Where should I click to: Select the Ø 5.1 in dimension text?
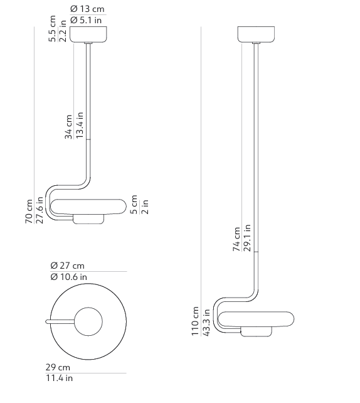(x=86, y=21)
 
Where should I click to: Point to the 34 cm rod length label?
(x=68, y=127)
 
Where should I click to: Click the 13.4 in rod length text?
(x=80, y=126)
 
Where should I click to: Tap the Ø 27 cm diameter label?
(x=68, y=266)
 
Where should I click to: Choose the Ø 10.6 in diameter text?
(x=69, y=277)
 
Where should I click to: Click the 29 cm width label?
(x=58, y=367)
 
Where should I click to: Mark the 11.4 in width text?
(x=60, y=378)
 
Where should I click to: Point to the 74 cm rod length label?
(x=236, y=239)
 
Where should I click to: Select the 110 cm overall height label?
(x=195, y=321)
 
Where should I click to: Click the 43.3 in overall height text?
(x=206, y=321)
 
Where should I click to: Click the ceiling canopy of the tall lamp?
(x=257, y=33)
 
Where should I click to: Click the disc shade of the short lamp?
(x=90, y=205)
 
